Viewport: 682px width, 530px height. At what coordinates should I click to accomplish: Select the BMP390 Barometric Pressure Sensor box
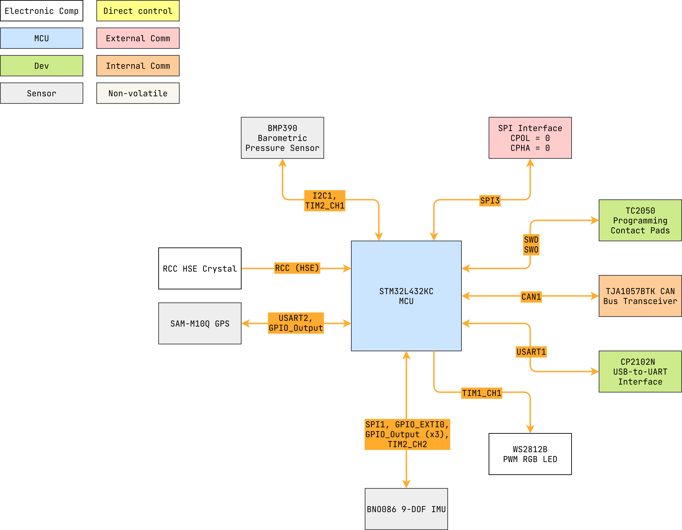[x=282, y=138]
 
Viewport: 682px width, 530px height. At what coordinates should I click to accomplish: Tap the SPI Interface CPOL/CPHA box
[x=530, y=138]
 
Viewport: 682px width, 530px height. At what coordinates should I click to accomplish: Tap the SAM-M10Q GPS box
[x=200, y=323]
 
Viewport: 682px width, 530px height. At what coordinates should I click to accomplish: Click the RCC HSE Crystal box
[x=200, y=268]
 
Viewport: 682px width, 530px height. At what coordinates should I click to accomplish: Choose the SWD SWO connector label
[x=531, y=245]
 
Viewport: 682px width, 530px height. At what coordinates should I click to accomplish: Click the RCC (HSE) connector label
[x=297, y=268]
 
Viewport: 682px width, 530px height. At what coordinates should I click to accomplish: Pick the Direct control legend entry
[x=138, y=11]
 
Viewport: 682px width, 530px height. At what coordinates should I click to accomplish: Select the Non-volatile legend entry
[x=138, y=93]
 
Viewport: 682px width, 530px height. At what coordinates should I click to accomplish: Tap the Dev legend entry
[x=42, y=66]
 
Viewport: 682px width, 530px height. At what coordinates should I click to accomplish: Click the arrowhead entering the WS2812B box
[x=530, y=429]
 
